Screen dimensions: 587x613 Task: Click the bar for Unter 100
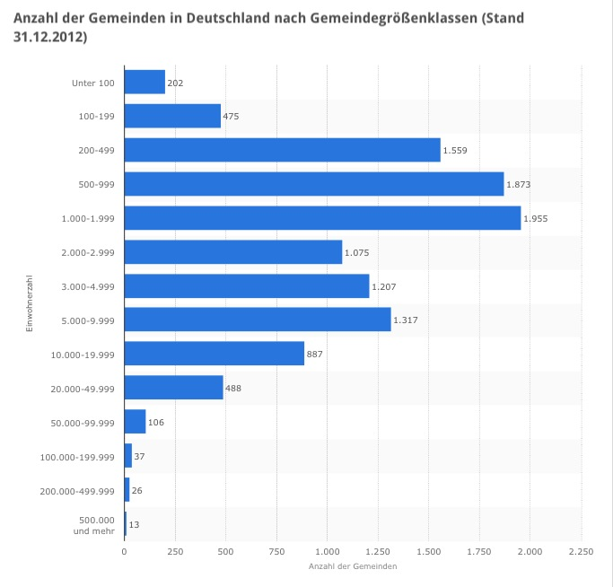(144, 83)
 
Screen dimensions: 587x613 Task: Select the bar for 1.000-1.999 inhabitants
(322, 218)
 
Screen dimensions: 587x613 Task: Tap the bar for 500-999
(314, 184)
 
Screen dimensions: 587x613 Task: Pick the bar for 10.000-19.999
(215, 354)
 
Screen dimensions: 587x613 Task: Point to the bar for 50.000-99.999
(135, 422)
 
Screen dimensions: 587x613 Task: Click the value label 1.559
(455, 151)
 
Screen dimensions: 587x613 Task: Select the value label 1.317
(406, 320)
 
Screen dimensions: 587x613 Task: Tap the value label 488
(233, 389)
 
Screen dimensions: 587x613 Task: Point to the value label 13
(135, 524)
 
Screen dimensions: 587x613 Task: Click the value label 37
(139, 457)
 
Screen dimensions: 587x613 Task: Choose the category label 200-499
(98, 151)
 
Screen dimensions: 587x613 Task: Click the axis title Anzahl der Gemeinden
(353, 567)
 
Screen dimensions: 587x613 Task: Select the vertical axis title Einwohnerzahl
(30, 303)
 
